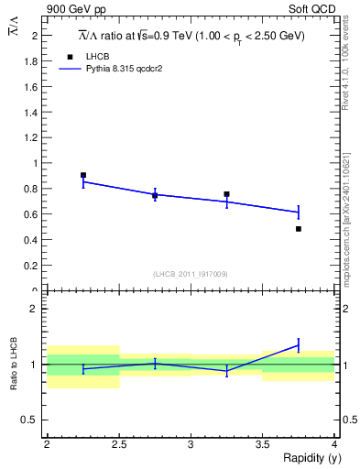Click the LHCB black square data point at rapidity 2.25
(x=83, y=175)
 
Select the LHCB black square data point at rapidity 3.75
(x=299, y=228)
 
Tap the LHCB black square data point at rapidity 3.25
(x=226, y=194)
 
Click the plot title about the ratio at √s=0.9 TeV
(x=190, y=36)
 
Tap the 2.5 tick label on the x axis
(x=118, y=444)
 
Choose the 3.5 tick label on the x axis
(x=262, y=444)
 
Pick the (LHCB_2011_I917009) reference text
(x=190, y=273)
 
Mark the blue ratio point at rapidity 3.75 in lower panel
(x=299, y=345)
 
